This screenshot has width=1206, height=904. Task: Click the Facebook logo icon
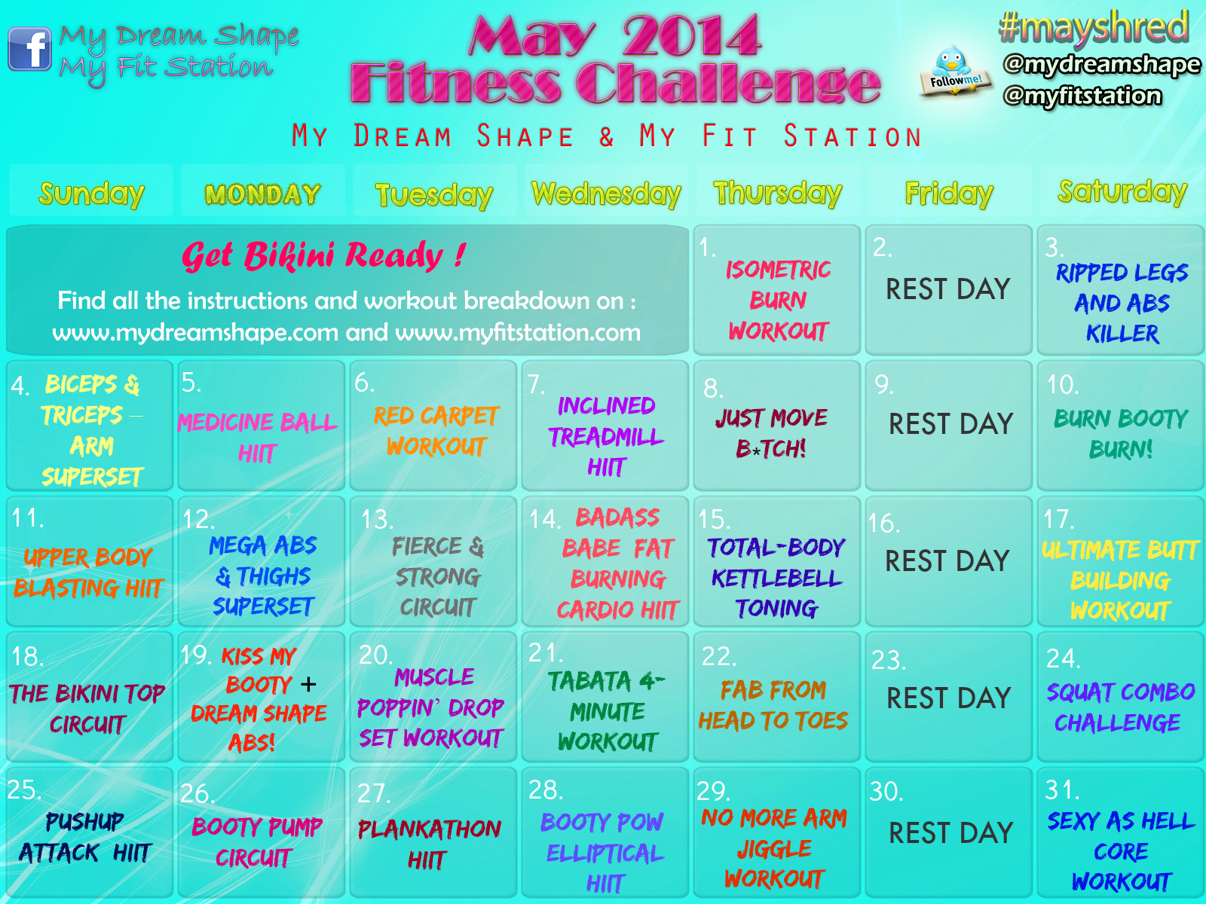click(29, 49)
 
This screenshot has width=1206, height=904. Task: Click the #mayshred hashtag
click(1094, 28)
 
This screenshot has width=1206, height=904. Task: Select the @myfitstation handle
click(1082, 96)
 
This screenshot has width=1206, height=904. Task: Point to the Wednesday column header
click(606, 194)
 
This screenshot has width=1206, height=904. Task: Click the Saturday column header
click(1122, 192)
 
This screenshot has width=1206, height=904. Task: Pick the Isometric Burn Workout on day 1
click(778, 301)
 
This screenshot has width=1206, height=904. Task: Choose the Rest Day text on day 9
click(950, 424)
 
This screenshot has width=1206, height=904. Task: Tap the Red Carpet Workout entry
click(436, 431)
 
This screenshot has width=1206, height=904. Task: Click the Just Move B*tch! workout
click(771, 433)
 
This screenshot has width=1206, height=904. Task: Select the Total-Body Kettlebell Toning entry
click(776, 578)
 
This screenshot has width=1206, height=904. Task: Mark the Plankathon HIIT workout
click(429, 844)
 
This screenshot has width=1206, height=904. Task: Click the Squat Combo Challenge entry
click(1120, 707)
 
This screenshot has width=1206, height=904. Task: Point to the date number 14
click(544, 520)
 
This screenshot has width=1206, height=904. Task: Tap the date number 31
click(1062, 789)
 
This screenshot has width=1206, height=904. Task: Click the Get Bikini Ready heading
click(324, 256)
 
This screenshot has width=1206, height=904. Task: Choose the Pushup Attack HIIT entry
click(85, 837)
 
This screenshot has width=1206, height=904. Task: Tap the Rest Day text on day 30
click(950, 833)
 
